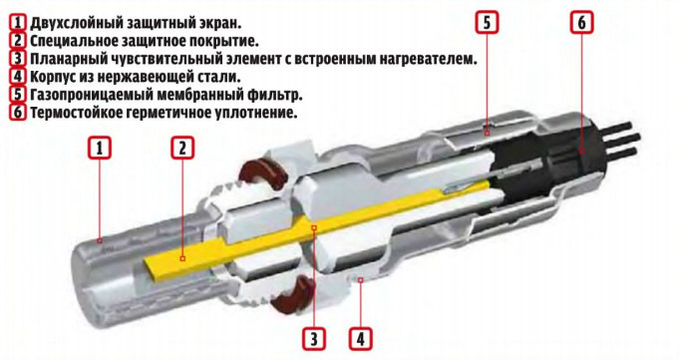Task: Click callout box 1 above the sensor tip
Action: point(100,148)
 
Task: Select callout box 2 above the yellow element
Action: point(182,148)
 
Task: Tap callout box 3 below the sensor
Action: point(314,338)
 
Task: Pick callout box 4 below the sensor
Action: point(361,338)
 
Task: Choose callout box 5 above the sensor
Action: point(487,22)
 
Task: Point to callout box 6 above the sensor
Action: point(581,22)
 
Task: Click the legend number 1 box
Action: point(17,22)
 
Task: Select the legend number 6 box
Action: point(17,113)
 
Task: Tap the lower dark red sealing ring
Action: point(293,294)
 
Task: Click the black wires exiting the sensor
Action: point(621,139)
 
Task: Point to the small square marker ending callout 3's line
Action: point(314,227)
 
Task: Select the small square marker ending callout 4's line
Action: point(361,280)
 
